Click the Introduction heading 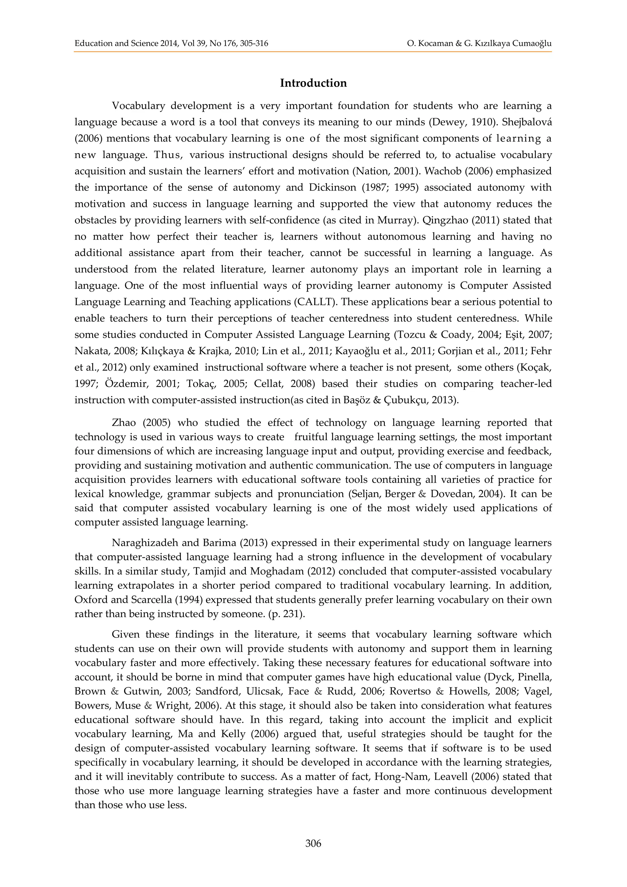pos(313,83)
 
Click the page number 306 pos(313,843)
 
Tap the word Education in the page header pos(92,43)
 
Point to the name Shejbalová pos(527,122)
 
